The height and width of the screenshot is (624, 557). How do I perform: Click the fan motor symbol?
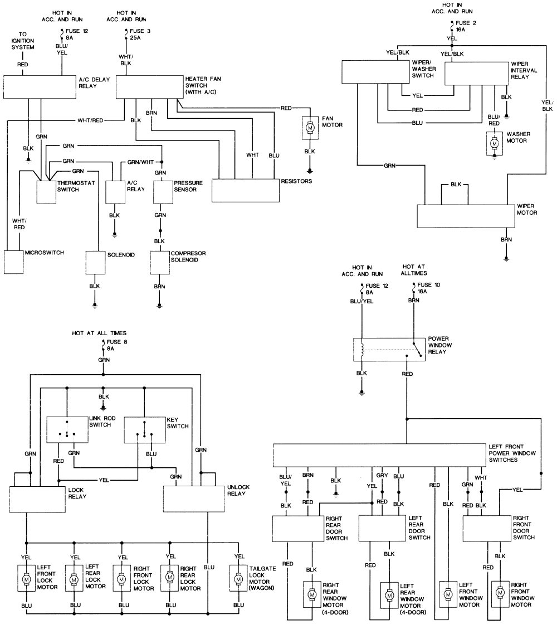[x=310, y=127]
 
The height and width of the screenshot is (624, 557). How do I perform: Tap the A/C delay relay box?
[x=40, y=87]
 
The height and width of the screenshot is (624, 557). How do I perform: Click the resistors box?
[x=245, y=191]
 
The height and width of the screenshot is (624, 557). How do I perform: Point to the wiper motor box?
[x=466, y=216]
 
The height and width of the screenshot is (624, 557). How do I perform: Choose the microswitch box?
[x=13, y=262]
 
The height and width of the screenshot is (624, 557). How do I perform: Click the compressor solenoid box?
[x=160, y=263]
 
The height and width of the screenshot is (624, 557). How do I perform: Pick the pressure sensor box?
[x=163, y=192]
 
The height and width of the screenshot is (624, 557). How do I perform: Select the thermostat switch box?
[x=46, y=192]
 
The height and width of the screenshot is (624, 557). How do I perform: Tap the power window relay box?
[x=389, y=350]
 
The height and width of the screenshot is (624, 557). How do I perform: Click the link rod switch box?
[x=67, y=429]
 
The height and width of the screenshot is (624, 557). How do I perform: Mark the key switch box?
[x=145, y=430]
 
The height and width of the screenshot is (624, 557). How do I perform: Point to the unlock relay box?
[x=194, y=499]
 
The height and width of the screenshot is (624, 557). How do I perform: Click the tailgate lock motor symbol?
[x=238, y=579]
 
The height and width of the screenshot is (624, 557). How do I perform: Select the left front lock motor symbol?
[x=26, y=579]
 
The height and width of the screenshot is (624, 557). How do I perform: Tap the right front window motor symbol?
[x=500, y=594]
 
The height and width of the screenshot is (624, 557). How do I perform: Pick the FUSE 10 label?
[x=428, y=284]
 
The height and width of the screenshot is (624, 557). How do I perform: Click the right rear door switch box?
[x=298, y=529]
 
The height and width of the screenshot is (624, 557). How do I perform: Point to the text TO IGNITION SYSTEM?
[x=23, y=41]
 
